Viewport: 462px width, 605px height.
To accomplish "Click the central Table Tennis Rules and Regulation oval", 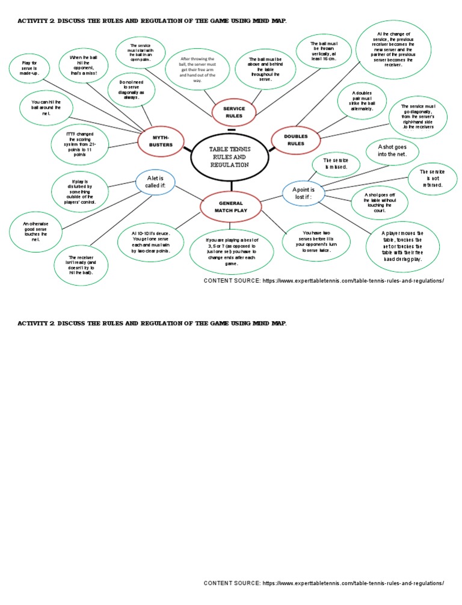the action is click(x=229, y=157).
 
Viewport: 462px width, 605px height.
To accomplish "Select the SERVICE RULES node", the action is click(x=234, y=112).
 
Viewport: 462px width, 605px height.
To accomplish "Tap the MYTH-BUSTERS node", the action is click(x=161, y=141).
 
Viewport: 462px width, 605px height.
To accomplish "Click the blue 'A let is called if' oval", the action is click(x=155, y=182).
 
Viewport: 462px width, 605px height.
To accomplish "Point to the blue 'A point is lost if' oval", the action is click(x=303, y=193).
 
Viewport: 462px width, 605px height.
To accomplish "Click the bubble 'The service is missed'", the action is click(x=336, y=164).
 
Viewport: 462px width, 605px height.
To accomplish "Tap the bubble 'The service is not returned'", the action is click(x=432, y=179).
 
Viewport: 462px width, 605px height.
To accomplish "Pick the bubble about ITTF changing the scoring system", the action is click(x=80, y=146).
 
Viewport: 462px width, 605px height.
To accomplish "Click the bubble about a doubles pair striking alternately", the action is click(x=364, y=100).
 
